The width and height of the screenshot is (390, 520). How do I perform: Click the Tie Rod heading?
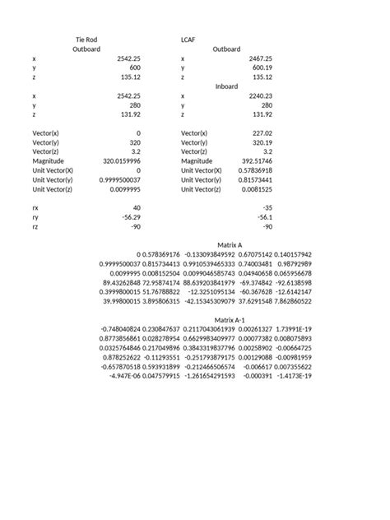[x=86, y=39]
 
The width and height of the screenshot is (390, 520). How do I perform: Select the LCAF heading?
[x=188, y=39]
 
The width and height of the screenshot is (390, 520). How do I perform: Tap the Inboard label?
[x=227, y=86]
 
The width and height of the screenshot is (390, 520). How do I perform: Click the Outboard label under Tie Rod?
[x=86, y=49]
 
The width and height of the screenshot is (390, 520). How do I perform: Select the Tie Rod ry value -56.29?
[x=132, y=217]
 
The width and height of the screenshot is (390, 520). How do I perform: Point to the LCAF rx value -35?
[x=267, y=208]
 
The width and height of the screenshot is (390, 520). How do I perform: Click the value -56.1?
[x=265, y=217]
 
